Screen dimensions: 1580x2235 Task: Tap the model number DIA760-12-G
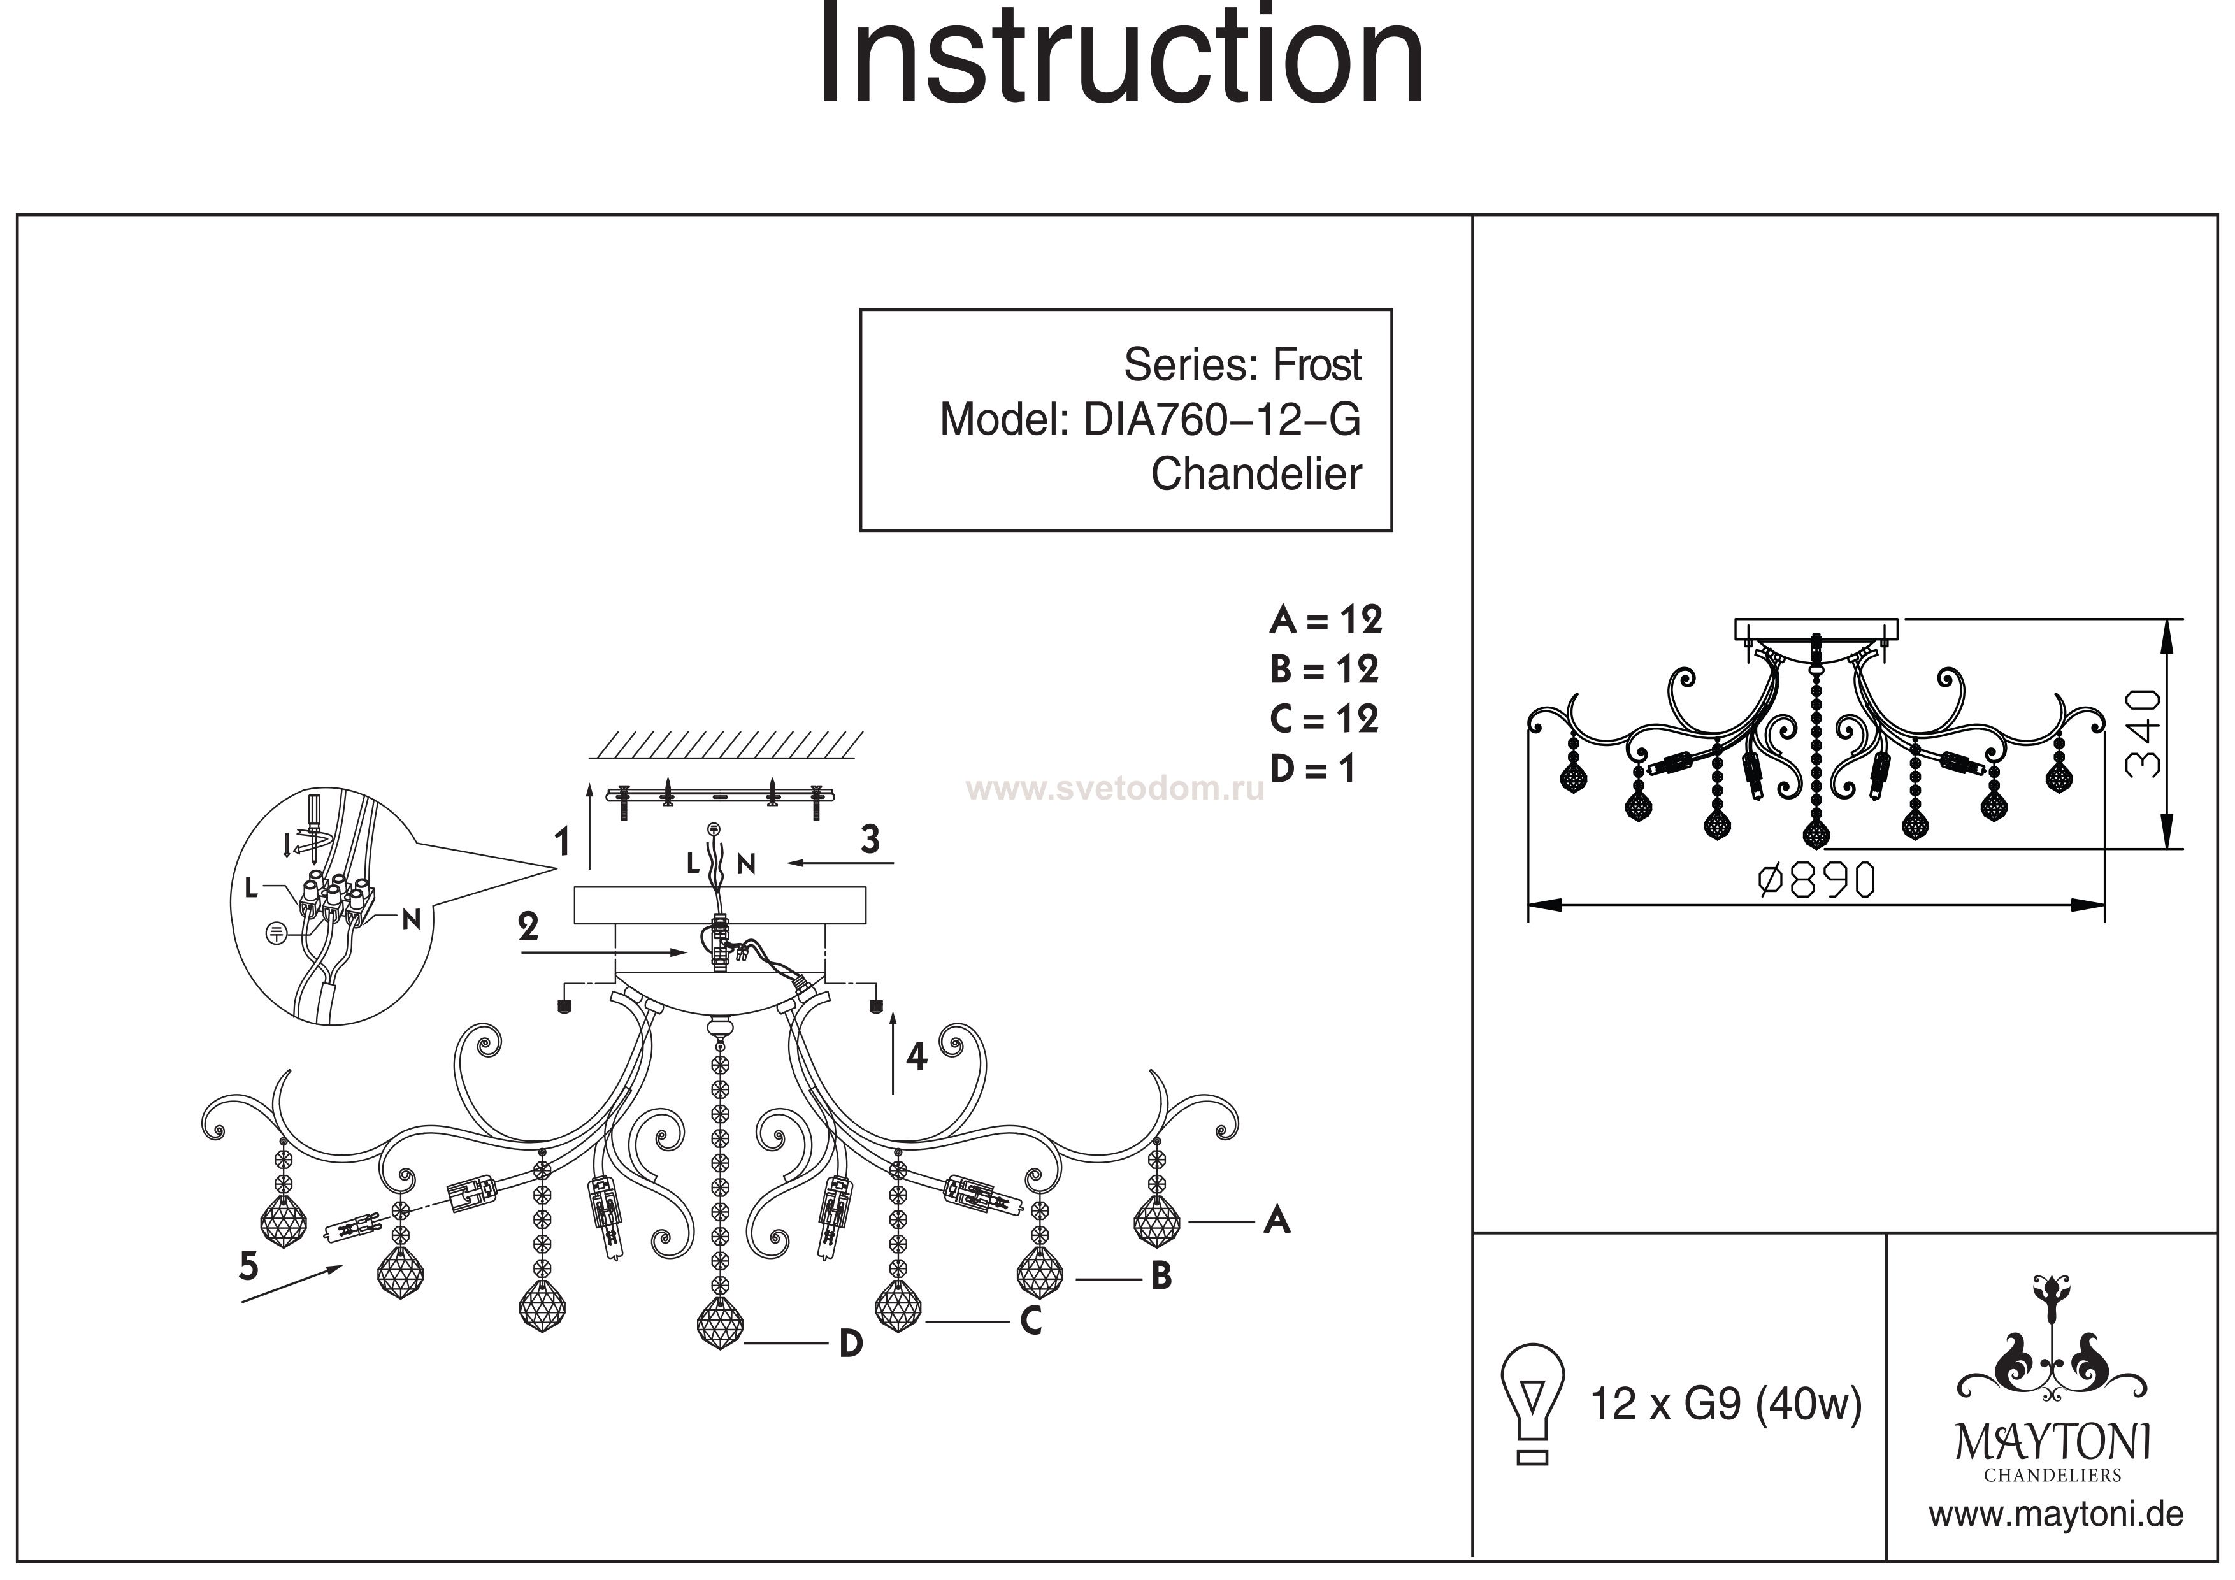tap(1221, 420)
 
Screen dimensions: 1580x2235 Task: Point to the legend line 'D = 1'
tap(1312, 769)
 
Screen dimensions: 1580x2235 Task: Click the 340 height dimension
tap(2141, 733)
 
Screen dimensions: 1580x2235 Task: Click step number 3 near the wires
tap(870, 839)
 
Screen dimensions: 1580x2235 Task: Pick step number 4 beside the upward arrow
tap(916, 1056)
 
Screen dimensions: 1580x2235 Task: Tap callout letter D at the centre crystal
tap(851, 1344)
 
